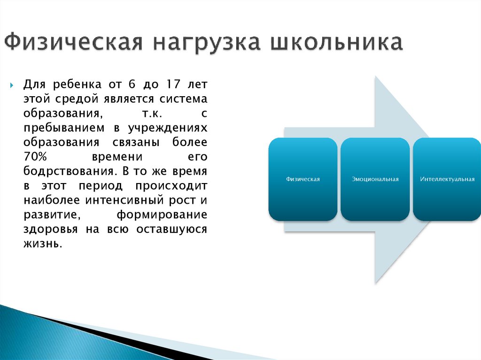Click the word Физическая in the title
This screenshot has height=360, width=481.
[74, 42]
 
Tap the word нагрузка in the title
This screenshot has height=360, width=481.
[207, 43]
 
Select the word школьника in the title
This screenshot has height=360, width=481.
[336, 42]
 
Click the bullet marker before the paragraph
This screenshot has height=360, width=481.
[12, 85]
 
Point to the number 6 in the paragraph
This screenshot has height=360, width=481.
[132, 84]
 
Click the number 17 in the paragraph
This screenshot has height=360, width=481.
[173, 84]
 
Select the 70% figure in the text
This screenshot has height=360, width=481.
[35, 156]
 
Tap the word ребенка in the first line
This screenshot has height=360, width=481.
[77, 84]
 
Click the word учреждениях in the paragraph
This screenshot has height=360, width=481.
[168, 128]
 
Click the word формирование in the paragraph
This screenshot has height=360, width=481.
[162, 215]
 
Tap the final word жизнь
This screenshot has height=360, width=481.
[43, 244]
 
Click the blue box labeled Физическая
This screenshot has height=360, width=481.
[303, 179]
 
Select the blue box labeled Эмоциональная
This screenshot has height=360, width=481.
[375, 179]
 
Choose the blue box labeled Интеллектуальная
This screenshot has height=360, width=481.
[447, 179]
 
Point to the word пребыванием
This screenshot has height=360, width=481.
[64, 128]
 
